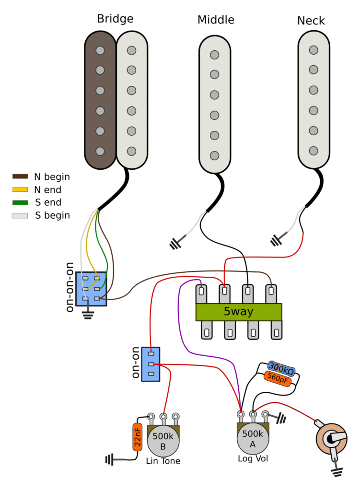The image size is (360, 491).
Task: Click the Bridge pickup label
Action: click(115, 19)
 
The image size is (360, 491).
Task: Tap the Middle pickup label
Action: click(216, 20)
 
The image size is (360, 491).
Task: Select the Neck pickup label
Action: click(311, 21)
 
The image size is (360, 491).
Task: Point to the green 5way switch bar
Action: click(238, 312)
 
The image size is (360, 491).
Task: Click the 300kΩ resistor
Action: click(281, 368)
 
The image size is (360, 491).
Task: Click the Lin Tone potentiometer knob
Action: click(163, 442)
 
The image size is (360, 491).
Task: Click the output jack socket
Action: click(331, 438)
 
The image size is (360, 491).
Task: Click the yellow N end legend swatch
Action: click(20, 190)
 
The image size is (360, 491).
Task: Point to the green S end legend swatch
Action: click(20, 202)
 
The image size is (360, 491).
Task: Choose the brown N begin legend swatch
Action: click(20, 176)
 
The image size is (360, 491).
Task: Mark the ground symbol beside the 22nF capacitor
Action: click(111, 460)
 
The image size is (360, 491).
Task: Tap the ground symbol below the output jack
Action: click(337, 472)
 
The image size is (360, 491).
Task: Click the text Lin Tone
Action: click(163, 461)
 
